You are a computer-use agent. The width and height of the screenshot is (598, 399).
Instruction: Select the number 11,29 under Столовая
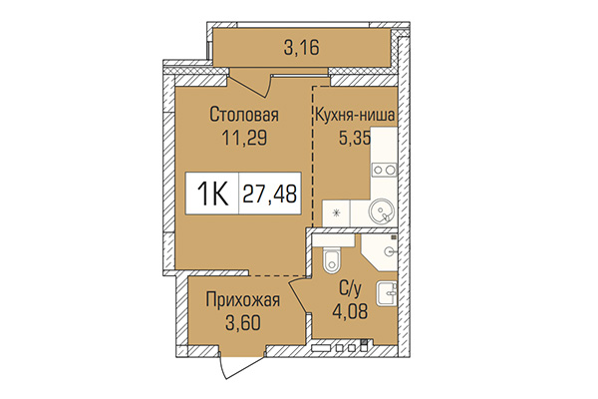(242, 141)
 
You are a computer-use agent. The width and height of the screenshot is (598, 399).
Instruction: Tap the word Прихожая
(242, 298)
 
